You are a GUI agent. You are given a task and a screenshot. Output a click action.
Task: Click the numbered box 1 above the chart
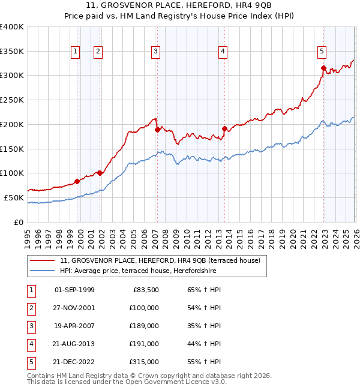[x=76, y=52]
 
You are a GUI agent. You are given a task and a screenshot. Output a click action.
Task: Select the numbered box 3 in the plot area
[x=155, y=52]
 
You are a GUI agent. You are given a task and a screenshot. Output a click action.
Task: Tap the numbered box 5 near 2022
[x=322, y=52]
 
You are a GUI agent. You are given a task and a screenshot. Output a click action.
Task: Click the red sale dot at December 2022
[x=323, y=68]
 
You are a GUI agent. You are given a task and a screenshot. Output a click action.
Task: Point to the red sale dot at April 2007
[x=157, y=129]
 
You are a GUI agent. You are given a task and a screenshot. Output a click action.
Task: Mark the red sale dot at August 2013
[x=224, y=128]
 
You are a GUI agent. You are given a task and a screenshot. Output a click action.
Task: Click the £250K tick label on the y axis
[x=12, y=100]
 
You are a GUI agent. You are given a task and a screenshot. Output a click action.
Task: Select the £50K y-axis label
[x=14, y=197]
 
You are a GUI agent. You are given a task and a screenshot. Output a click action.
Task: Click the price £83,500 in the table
[x=144, y=290]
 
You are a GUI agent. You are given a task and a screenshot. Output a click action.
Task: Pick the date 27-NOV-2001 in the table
[x=74, y=308]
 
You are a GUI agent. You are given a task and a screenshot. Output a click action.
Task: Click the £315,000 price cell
[x=144, y=362]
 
